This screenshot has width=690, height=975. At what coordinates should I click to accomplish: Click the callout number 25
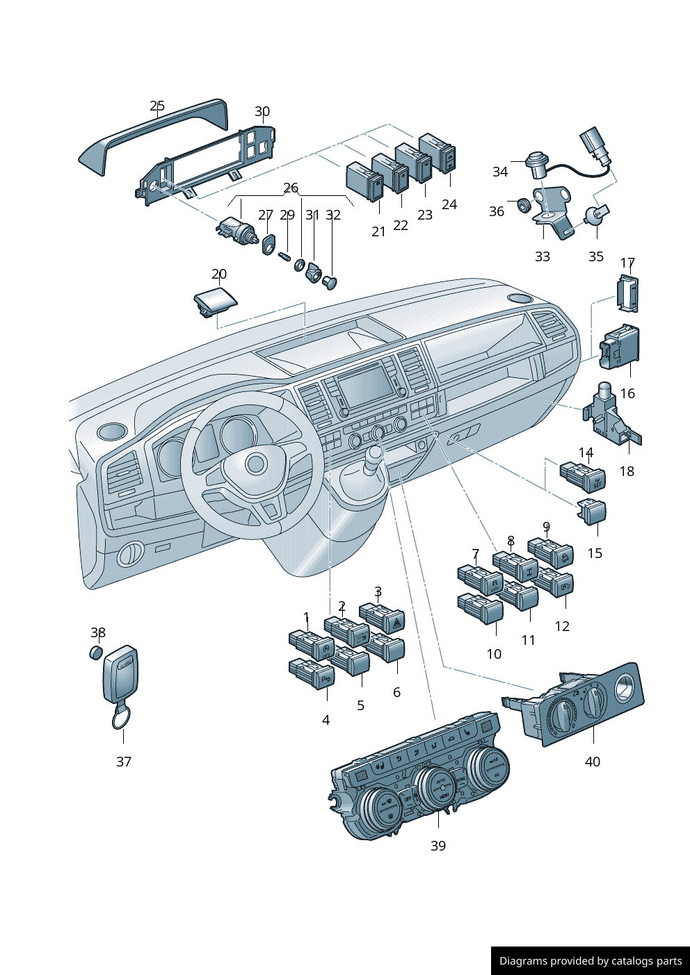[x=157, y=106]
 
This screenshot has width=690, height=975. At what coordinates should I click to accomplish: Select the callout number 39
[x=438, y=846]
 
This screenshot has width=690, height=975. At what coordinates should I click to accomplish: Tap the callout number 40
[x=592, y=762]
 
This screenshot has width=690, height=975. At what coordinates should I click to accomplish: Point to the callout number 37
[x=124, y=762]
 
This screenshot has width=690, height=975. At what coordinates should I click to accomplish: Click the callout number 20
[x=219, y=274]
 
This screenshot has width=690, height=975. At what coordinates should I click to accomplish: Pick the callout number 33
[x=543, y=256]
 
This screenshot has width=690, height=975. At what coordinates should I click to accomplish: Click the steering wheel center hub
[x=255, y=464]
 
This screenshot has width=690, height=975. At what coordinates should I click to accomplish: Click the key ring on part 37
[x=122, y=717]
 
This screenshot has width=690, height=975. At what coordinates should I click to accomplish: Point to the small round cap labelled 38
[x=96, y=653]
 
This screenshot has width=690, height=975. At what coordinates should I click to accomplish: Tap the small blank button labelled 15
[x=593, y=514]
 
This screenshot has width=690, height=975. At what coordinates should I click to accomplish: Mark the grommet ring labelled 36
[x=522, y=206]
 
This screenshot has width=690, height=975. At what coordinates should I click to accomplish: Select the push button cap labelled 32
[x=330, y=282]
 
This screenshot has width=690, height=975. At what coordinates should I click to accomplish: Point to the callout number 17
[x=627, y=263]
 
